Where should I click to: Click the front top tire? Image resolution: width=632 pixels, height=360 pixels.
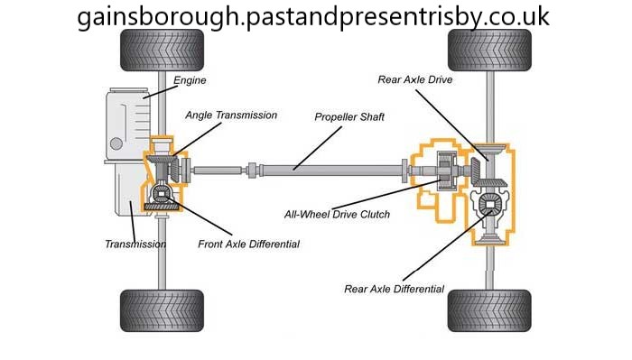[x=162, y=51]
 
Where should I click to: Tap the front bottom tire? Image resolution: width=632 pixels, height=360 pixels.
[x=162, y=310]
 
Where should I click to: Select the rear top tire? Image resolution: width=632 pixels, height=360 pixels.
[x=489, y=51]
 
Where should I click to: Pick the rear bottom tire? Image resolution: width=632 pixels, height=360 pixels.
[x=489, y=310]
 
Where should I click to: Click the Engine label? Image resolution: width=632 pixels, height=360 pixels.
[x=190, y=80]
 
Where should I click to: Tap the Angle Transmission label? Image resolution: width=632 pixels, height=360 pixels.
[x=231, y=115]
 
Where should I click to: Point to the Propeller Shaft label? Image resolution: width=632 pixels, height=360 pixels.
[x=349, y=117]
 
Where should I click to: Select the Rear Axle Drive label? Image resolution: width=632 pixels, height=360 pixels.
[x=415, y=79]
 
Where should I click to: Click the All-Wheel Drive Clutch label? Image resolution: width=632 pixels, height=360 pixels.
[x=338, y=214]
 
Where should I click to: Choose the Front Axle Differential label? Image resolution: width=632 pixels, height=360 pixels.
[x=248, y=244]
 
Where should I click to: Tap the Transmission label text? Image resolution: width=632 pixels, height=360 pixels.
[x=135, y=244]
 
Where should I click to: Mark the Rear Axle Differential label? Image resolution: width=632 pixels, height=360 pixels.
[x=395, y=289]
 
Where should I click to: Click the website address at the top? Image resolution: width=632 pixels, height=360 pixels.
[x=313, y=16]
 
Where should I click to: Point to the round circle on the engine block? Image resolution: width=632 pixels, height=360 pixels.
[x=116, y=143]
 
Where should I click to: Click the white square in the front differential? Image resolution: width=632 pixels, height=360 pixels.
[x=162, y=195]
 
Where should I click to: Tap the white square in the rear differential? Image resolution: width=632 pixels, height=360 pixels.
[x=489, y=205]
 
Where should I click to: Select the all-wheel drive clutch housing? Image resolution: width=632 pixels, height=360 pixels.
[x=447, y=170]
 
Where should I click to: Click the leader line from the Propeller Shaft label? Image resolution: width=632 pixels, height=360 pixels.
[x=318, y=148]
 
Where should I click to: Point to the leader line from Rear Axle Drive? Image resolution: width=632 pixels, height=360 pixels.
[x=451, y=125]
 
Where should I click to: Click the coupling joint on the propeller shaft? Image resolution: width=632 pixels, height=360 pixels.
[x=252, y=171]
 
